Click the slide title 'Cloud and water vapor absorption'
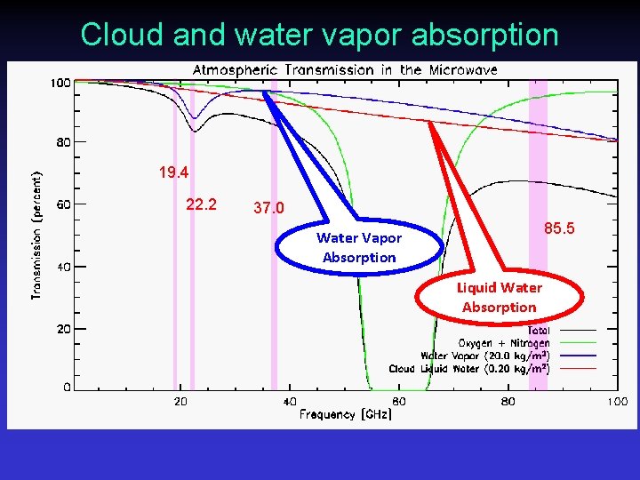click(x=319, y=34)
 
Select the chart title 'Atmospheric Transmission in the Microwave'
click(x=345, y=69)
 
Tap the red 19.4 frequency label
click(x=173, y=172)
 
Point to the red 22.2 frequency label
click(x=201, y=204)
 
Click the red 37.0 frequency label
click(x=268, y=208)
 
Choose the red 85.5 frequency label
click(x=559, y=229)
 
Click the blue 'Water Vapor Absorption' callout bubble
click(x=359, y=248)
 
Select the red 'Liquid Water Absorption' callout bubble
click(x=499, y=297)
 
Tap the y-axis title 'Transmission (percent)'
click(x=37, y=235)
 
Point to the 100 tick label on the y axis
click(x=60, y=84)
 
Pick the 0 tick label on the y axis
click(x=68, y=388)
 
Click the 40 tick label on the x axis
click(x=290, y=402)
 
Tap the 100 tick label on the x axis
click(x=616, y=402)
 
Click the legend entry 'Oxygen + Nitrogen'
click(x=503, y=343)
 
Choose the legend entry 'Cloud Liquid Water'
click(x=468, y=368)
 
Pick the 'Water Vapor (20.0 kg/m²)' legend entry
click(x=484, y=356)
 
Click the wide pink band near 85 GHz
click(x=539, y=231)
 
